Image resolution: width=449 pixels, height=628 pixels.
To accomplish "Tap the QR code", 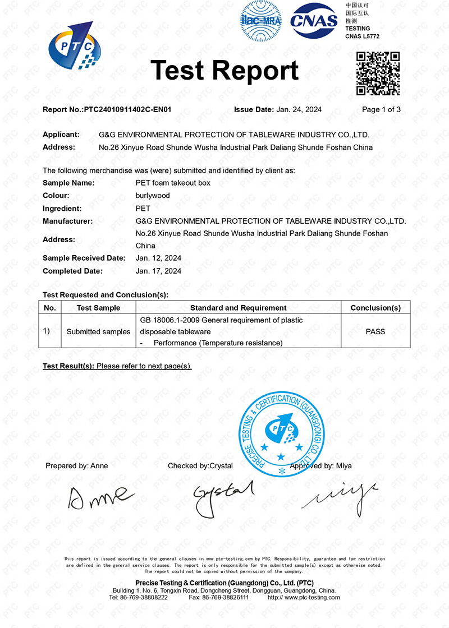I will point(378,73).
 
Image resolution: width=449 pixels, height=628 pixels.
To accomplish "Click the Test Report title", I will point(224,71).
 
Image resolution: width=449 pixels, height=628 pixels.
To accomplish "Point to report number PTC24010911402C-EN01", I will point(127,110).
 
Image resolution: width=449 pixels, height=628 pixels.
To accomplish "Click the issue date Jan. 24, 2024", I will point(299,110).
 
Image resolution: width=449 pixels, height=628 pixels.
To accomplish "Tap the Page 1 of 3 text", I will point(381,110).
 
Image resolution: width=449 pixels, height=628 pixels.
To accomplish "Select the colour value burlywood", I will point(153,196).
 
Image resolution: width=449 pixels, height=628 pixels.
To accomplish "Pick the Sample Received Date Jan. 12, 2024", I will point(159,258).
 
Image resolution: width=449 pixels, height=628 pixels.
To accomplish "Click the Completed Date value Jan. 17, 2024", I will point(159,271).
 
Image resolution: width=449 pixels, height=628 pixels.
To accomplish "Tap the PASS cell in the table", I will point(375,331).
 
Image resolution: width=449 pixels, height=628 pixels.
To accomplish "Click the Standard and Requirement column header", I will point(239,308).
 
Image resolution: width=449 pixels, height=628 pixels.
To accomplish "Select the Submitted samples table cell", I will point(98,331).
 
